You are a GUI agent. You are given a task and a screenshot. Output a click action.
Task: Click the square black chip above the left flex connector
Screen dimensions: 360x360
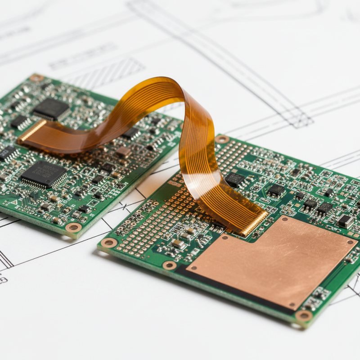tap(51, 109)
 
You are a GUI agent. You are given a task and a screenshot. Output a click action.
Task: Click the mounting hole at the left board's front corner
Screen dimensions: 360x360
tap(73, 228)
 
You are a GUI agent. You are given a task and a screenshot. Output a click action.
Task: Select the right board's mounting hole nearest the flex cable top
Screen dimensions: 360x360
tap(222, 139)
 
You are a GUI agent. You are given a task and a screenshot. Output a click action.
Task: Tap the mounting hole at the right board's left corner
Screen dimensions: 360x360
tap(108, 243)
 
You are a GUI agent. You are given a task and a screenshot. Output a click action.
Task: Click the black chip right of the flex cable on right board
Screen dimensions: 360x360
tap(234, 180)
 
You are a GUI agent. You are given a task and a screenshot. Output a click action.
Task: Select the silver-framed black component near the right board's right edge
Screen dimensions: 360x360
tap(345, 221)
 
